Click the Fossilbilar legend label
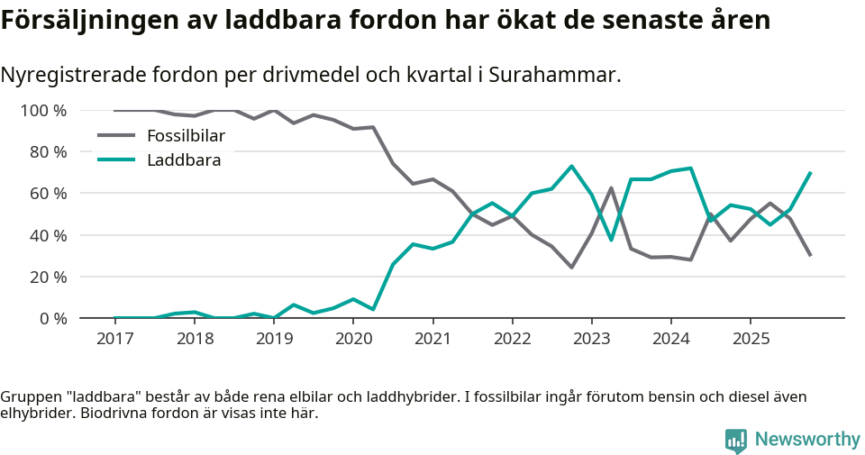(186, 136)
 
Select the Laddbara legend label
(184, 159)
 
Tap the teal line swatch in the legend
(115, 159)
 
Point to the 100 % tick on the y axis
(43, 111)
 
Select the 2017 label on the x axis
(114, 338)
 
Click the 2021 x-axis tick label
(432, 338)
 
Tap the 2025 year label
(751, 338)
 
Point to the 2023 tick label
(591, 338)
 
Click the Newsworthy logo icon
(736, 440)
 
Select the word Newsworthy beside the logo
(807, 440)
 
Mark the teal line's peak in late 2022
(571, 166)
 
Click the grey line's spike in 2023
(611, 188)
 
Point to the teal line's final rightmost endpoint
(810, 172)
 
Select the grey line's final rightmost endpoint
(810, 255)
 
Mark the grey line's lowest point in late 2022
(571, 267)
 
